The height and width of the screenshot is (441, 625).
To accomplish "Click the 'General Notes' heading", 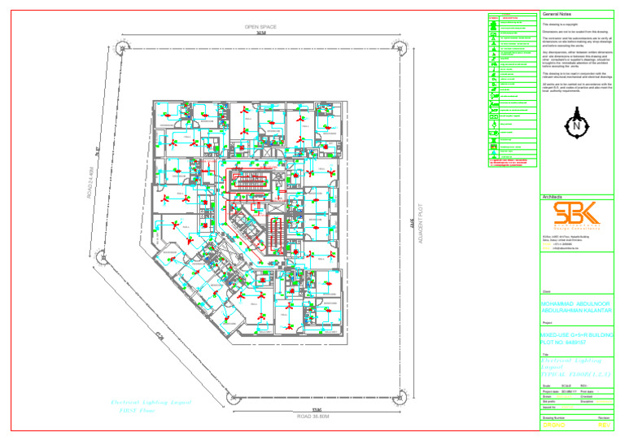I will (x=557, y=14).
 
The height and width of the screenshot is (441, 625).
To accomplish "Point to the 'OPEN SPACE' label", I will (x=260, y=27).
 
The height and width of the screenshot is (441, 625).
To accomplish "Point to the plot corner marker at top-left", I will (x=120, y=45).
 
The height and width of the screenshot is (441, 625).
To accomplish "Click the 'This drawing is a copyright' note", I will (x=562, y=24).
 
